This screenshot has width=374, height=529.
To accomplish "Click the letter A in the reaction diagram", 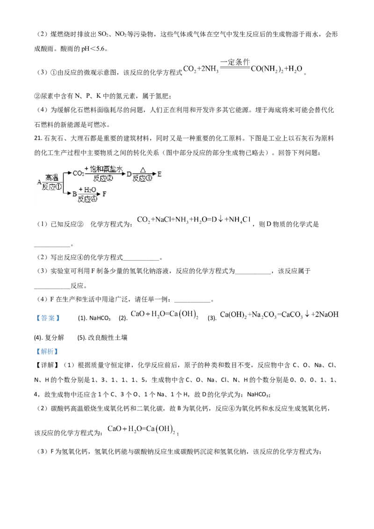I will [x=39, y=182].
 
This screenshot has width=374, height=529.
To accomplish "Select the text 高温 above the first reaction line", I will [x=51, y=178].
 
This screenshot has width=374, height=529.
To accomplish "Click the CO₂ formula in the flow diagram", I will [x=79, y=174].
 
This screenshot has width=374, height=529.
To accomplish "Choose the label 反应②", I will [x=103, y=178].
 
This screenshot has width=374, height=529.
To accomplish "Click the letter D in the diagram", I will [x=129, y=174].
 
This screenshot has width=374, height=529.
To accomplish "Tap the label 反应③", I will [x=143, y=178].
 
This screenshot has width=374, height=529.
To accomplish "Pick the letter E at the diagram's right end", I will [x=159, y=174].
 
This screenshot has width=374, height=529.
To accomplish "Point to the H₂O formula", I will [x=87, y=189].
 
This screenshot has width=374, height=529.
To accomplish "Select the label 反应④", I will [x=87, y=199].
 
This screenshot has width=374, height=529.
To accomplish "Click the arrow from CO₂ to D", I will [x=105, y=174].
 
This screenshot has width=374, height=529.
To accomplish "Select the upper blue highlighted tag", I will [x=47, y=318].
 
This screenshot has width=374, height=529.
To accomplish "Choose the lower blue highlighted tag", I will [x=47, y=351].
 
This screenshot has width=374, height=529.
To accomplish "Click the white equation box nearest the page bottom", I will [x=142, y=428].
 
